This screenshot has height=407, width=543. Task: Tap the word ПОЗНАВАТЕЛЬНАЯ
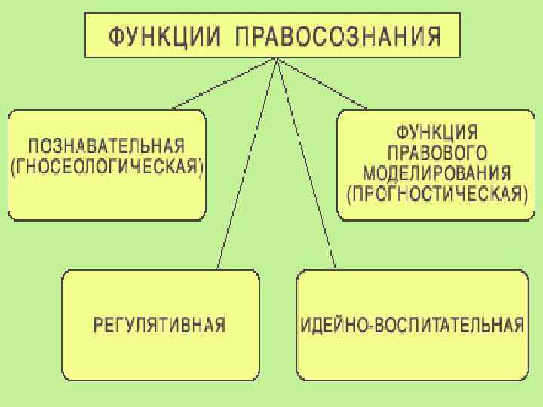[107, 145]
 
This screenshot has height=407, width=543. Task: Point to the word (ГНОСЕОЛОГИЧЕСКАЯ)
[107, 167]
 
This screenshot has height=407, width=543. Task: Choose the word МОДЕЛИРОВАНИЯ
[432, 172]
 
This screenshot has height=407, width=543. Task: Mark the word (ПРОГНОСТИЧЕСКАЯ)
[436, 194]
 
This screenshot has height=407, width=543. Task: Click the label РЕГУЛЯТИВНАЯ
[159, 325]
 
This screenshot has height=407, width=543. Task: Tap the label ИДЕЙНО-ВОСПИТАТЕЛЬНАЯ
[413, 325]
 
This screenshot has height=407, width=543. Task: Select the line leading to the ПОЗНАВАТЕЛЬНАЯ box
[226, 84]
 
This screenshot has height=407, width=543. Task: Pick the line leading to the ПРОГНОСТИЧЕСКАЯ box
[324, 84]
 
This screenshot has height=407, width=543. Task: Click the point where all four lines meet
[278, 60]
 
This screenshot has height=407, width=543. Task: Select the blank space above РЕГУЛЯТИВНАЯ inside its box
[159, 294]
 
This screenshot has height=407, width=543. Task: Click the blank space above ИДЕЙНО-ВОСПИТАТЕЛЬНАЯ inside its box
[413, 294]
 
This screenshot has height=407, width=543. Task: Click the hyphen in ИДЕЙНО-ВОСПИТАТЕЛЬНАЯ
[367, 326]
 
